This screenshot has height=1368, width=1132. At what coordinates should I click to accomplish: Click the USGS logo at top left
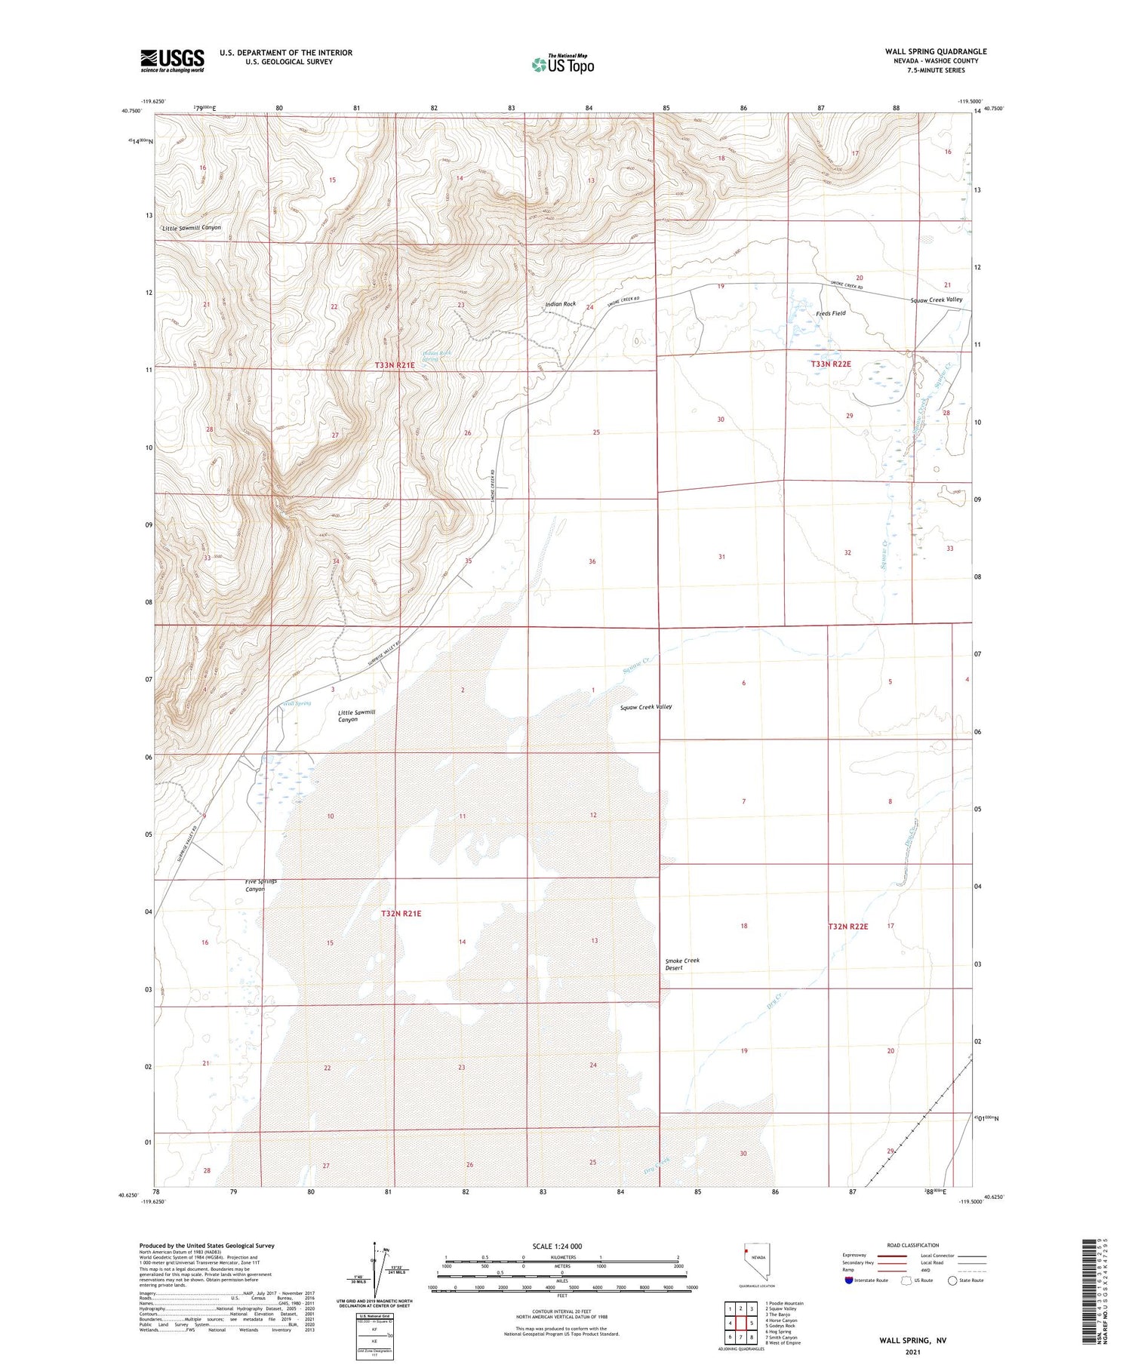[x=172, y=60]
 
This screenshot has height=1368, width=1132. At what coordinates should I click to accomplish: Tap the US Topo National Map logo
[x=562, y=64]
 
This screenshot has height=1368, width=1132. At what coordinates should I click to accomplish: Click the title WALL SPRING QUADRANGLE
[x=936, y=51]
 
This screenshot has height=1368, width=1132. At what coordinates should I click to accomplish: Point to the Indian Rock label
[x=560, y=304]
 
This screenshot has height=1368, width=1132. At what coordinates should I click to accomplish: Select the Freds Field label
[x=831, y=313]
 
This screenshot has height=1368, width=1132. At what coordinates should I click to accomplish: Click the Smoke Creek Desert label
[x=682, y=964]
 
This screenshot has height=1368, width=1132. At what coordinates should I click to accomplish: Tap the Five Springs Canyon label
[x=260, y=885]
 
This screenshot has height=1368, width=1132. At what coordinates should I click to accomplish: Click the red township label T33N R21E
[x=395, y=365]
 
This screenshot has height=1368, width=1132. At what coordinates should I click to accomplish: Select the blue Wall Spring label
[x=297, y=703]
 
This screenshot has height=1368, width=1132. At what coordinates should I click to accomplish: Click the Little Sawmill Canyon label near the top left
[x=191, y=227]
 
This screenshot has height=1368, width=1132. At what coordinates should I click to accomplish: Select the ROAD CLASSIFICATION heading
[x=913, y=1245]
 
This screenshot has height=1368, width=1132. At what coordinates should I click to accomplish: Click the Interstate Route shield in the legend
[x=849, y=1280]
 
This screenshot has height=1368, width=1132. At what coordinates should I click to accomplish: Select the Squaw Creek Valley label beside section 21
[x=936, y=300]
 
